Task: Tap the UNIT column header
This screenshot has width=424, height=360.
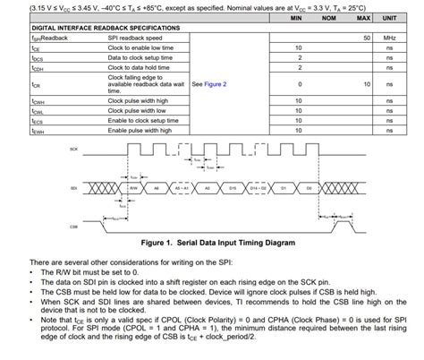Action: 389,18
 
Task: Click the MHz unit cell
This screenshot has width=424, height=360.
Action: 389,38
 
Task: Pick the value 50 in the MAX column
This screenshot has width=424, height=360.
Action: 367,38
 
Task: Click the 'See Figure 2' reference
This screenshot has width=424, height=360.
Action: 208,83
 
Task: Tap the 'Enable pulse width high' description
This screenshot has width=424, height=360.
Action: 140,130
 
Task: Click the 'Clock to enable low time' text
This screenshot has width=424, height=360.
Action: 140,47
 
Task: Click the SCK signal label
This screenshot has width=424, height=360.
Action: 74,147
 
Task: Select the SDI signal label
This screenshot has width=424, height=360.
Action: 74,188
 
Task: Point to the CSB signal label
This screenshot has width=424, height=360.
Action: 74,227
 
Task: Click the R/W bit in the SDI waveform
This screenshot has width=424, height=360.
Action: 132,188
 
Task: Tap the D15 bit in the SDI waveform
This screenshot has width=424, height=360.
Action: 233,188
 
